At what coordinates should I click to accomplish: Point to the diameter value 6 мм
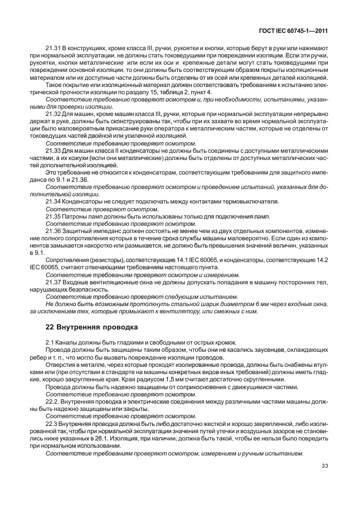pyautogui.click(x=264, y=304)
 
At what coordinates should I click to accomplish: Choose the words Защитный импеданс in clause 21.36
pyautogui.click(x=87, y=231)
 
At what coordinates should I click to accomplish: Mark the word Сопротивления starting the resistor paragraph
pyautogui.click(x=67, y=260)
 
